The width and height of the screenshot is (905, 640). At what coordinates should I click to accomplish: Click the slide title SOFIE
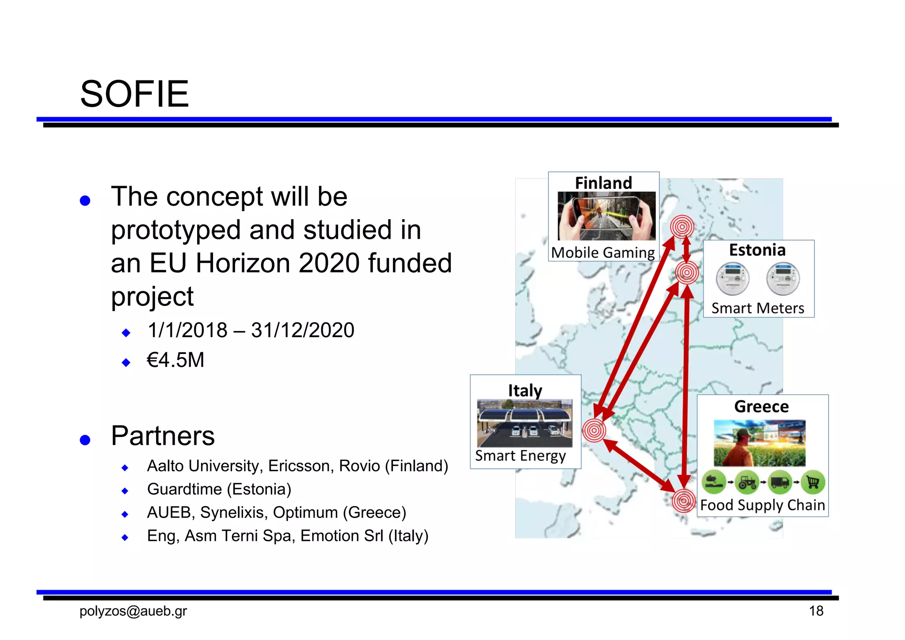(134, 94)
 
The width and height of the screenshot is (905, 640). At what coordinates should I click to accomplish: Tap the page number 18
(816, 611)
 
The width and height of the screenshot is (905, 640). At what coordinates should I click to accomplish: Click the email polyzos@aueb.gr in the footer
(133, 611)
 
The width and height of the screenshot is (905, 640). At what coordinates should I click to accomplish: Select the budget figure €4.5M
(175, 360)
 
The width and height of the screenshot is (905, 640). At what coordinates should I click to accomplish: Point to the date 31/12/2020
(303, 330)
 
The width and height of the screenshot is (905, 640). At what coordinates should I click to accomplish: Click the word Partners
(163, 436)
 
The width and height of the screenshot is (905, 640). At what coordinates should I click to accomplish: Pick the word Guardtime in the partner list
(184, 489)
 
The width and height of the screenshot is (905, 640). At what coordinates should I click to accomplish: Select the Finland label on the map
(603, 183)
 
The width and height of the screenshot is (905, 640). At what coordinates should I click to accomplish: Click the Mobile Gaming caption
(603, 252)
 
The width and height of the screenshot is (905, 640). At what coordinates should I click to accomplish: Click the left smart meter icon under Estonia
(732, 279)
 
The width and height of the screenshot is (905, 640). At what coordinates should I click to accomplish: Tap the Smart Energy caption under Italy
(520, 456)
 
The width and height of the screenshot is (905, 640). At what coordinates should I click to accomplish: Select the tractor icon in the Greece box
(747, 482)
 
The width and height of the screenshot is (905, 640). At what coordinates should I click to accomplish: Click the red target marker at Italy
(594, 430)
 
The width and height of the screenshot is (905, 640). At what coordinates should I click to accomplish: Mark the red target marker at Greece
(684, 501)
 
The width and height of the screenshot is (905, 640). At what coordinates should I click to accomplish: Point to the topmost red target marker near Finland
(682, 227)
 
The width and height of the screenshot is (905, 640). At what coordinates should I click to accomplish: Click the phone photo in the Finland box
(606, 216)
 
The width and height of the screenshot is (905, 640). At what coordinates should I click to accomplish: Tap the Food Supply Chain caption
(762, 505)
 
